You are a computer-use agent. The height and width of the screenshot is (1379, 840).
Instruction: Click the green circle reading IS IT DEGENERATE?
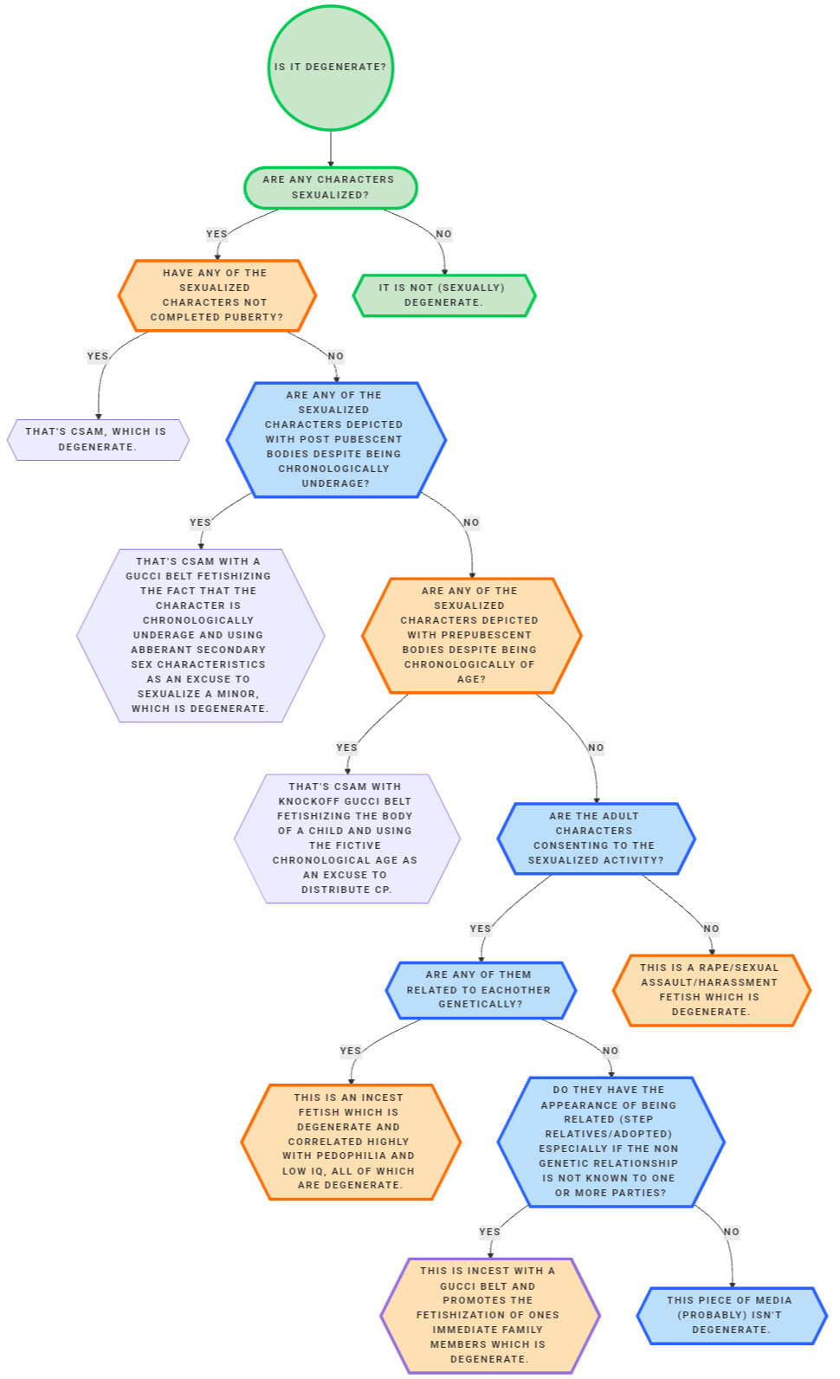[331, 68]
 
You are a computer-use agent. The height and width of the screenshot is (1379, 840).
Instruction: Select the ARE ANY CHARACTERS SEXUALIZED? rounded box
[330, 187]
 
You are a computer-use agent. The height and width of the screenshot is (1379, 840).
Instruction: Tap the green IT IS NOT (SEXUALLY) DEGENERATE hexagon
[443, 295]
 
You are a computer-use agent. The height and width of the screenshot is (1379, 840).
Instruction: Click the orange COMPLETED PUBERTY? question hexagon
[216, 295]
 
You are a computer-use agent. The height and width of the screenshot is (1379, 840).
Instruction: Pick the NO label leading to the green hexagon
[443, 234]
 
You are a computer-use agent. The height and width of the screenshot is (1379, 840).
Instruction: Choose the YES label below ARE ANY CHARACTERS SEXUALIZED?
[216, 234]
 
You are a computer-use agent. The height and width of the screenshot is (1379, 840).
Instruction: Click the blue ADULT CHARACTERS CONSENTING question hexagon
[596, 838]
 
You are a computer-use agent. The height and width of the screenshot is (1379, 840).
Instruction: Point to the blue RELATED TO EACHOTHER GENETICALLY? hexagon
[480, 989]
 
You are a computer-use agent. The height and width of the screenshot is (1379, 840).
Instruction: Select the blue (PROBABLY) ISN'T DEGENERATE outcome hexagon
[730, 1315]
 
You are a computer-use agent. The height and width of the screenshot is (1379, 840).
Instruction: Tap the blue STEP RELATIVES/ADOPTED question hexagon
[610, 1142]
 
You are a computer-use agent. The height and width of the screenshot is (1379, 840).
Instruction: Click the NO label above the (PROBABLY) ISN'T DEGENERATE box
[731, 1232]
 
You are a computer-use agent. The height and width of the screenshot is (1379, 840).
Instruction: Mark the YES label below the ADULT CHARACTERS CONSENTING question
[480, 929]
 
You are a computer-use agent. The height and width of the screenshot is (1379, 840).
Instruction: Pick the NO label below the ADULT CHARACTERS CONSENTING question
[711, 929]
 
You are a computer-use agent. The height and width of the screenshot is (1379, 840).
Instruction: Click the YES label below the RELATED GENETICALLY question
[350, 1051]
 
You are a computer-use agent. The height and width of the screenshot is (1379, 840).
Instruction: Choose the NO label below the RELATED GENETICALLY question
[611, 1051]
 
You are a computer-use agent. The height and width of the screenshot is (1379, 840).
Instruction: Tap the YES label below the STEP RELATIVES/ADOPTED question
[489, 1232]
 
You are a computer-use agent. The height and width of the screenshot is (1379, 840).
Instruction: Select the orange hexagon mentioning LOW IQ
[350, 1142]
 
